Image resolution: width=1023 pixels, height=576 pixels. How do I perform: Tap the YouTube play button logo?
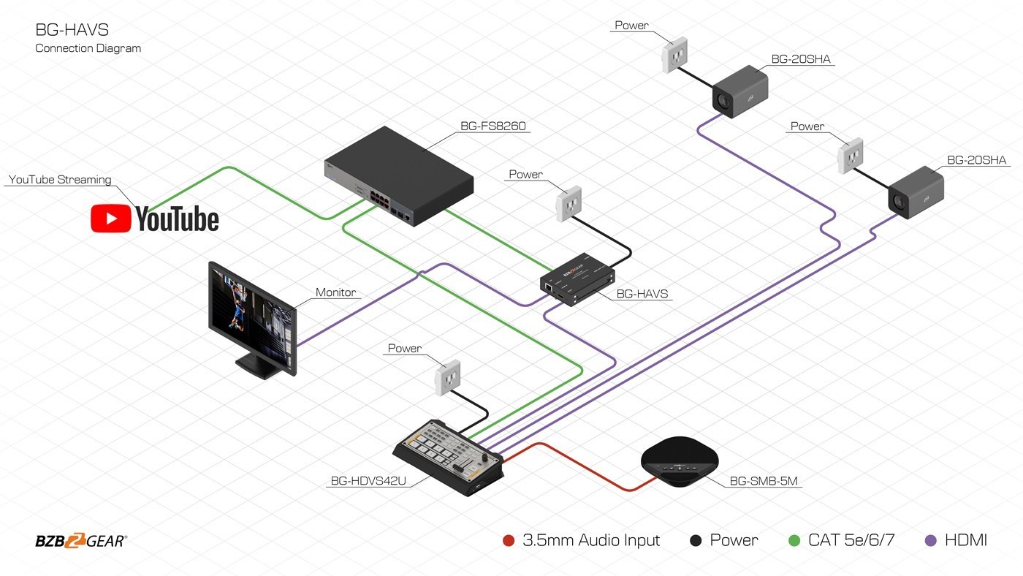coord(111,219)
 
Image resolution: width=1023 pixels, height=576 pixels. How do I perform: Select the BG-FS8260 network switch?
coord(399,176)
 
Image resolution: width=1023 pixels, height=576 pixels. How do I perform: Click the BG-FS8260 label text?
coord(493,126)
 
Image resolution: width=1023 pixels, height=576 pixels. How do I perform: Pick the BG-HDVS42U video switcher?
coord(449,457)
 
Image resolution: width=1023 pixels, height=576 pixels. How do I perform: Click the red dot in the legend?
coord(509,541)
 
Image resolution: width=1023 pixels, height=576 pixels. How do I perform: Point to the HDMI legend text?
coord(965,541)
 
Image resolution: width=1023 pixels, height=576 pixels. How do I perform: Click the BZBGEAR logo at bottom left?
coord(80,542)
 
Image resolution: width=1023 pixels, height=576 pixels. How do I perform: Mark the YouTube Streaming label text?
coord(60,180)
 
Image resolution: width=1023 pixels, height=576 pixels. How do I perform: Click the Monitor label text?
coord(335,292)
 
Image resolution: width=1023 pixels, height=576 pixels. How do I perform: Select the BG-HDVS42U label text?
coord(368,481)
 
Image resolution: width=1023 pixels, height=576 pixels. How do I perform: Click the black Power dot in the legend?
coord(696,541)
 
